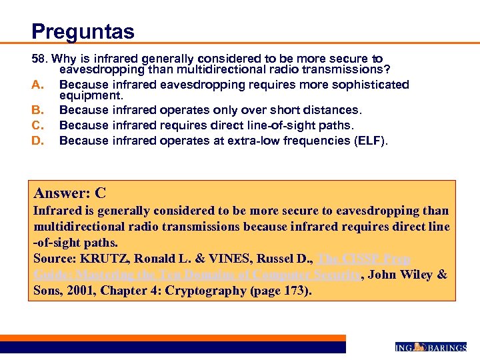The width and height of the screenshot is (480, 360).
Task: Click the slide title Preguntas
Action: [x=83, y=31]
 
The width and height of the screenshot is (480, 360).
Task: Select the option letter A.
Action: [x=37, y=85]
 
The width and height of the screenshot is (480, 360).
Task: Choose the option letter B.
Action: [x=37, y=109]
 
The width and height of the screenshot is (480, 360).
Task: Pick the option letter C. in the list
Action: [x=37, y=125]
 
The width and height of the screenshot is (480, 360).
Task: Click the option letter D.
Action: [x=37, y=140]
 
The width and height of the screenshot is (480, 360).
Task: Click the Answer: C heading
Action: [x=70, y=194]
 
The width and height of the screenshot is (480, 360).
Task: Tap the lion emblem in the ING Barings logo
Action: [x=420, y=347]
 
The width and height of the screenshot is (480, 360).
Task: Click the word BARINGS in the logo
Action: [x=447, y=347]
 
